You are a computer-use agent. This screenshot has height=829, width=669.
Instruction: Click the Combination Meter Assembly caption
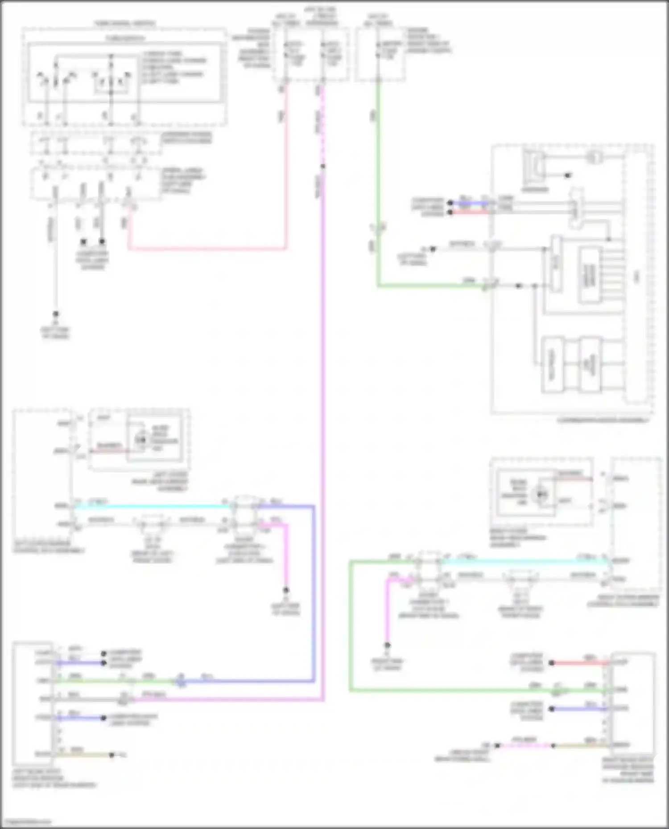click(603, 420)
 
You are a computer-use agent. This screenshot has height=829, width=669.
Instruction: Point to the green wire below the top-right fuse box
click(378, 178)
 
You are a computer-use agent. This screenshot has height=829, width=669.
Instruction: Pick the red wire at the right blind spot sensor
click(580, 663)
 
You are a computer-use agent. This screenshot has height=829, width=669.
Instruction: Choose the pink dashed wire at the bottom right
click(526, 745)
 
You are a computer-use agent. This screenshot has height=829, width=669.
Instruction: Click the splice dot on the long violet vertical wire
click(323, 167)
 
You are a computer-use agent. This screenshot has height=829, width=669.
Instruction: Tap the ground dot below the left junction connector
click(286, 590)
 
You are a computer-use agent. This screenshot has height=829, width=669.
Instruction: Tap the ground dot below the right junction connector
click(388, 645)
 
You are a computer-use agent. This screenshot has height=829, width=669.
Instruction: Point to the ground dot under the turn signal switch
click(56, 314)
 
